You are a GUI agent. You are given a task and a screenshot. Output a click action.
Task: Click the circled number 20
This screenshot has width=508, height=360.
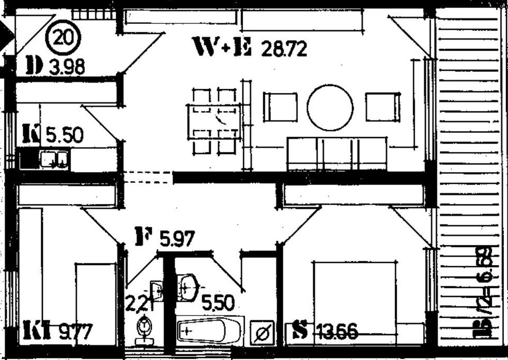click(x=63, y=38)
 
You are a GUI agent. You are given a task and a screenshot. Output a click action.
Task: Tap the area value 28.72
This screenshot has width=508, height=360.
click(x=284, y=50)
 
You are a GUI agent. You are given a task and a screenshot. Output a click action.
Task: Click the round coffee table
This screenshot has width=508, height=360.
click(x=330, y=107)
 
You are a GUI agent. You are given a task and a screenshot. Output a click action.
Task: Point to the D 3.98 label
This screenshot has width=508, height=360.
click(x=55, y=67)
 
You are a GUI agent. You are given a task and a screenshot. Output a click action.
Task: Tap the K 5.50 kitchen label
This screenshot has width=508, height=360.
click(x=52, y=135)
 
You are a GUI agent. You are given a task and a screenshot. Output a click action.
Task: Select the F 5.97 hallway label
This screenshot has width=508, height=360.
click(x=165, y=237)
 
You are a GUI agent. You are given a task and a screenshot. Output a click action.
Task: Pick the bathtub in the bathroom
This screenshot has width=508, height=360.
click(x=208, y=330)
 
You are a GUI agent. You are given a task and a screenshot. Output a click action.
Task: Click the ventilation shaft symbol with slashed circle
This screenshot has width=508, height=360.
click(x=263, y=333)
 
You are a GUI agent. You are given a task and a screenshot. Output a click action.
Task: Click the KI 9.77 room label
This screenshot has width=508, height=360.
click(x=58, y=332)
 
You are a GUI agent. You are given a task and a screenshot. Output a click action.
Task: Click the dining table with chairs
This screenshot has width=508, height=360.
click(x=214, y=122)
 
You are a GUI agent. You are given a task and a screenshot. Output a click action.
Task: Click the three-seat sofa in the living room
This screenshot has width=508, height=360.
click(x=336, y=154)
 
